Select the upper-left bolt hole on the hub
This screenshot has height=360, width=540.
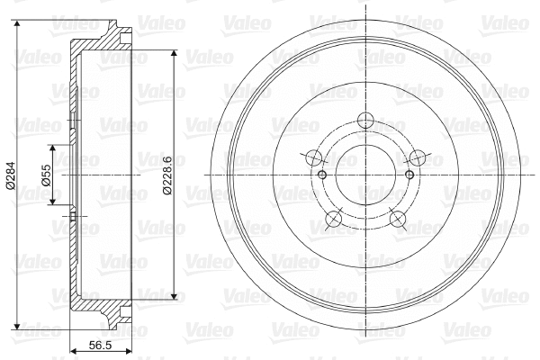pos(315,158)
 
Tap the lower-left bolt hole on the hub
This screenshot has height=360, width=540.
pos(334,217)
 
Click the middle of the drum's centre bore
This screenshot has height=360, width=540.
pos(364,175)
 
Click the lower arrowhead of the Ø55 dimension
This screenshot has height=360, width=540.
pos(53,202)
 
